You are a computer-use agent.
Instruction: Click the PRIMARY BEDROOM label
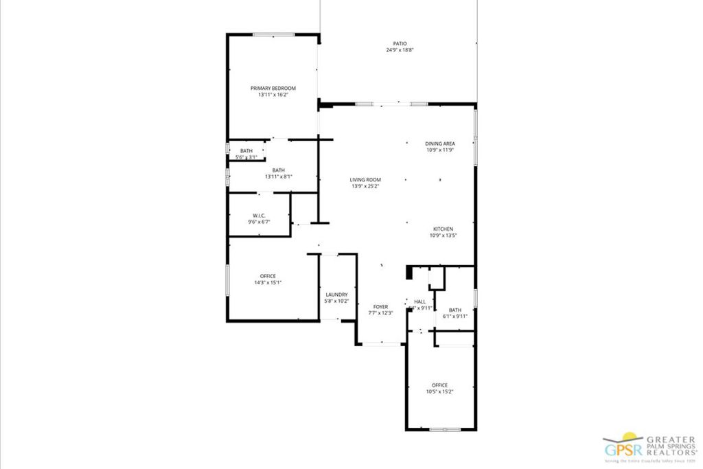pos(273,88)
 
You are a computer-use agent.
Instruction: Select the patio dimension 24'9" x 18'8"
pos(399,50)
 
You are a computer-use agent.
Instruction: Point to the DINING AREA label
pos(439,144)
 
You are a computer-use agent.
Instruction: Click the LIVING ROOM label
pos(365,180)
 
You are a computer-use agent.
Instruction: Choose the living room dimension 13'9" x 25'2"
pos(365,186)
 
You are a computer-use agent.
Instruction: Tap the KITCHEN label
pos(443,229)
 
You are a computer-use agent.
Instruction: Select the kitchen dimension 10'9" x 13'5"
pos(443,236)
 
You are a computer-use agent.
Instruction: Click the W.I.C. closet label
pos(259,216)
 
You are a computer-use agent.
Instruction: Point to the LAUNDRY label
pos(336,295)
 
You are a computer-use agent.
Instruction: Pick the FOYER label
pos(380,307)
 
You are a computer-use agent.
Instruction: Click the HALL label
pos(419,301)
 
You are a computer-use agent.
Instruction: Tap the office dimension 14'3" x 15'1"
pos(268,282)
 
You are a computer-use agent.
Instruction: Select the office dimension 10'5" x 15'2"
pos(439,391)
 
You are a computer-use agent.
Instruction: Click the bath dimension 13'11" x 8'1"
pos(279,176)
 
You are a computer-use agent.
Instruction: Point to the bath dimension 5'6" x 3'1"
pos(246,157)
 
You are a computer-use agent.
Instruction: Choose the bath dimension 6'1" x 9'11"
pos(454,316)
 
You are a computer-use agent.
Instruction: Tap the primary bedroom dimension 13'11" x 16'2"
pos(273,95)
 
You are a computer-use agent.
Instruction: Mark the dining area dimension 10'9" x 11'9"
pos(439,150)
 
